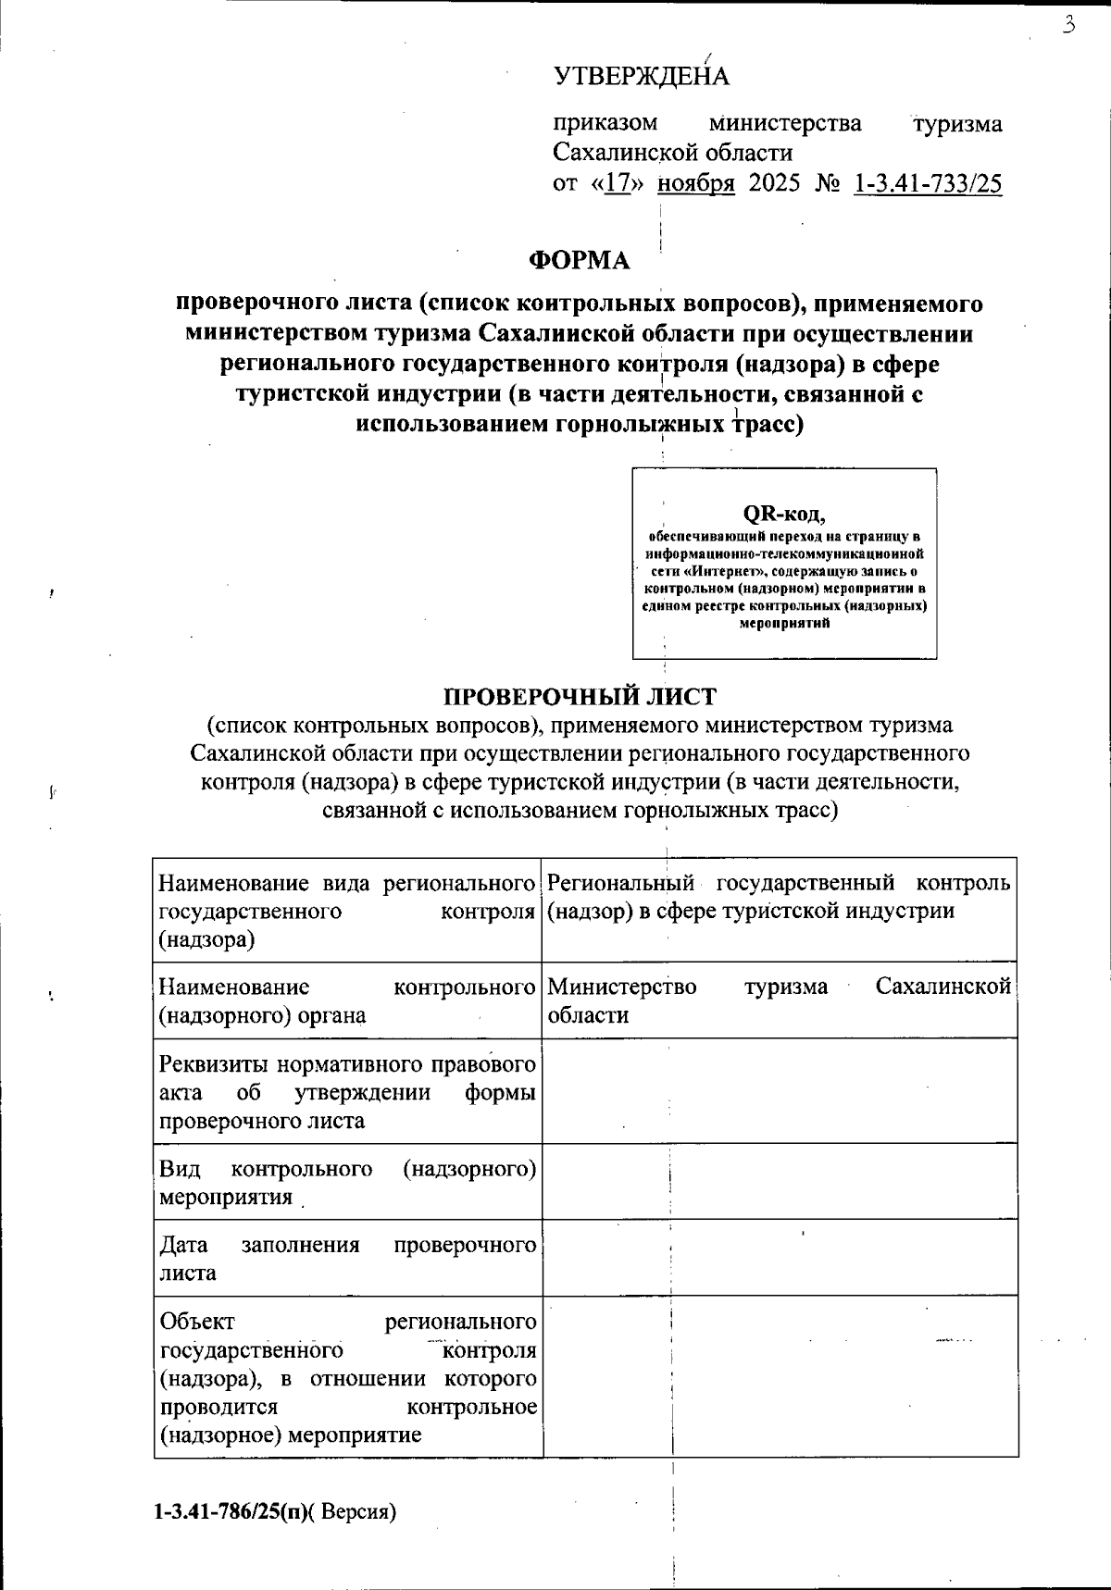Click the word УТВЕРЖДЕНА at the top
point(642,76)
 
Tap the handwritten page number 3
point(1068,25)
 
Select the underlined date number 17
point(618,183)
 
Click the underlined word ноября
point(696,183)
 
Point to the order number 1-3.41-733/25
point(927,183)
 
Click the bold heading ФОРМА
point(580,261)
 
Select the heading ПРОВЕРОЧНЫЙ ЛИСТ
point(580,696)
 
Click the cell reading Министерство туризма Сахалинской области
point(779,1000)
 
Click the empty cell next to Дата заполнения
point(780,1257)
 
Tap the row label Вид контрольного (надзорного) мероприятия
point(347,1182)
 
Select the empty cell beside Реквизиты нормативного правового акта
point(780,1090)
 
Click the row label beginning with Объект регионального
point(347,1376)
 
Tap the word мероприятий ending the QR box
point(784,623)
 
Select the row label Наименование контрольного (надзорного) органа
point(347,1000)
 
